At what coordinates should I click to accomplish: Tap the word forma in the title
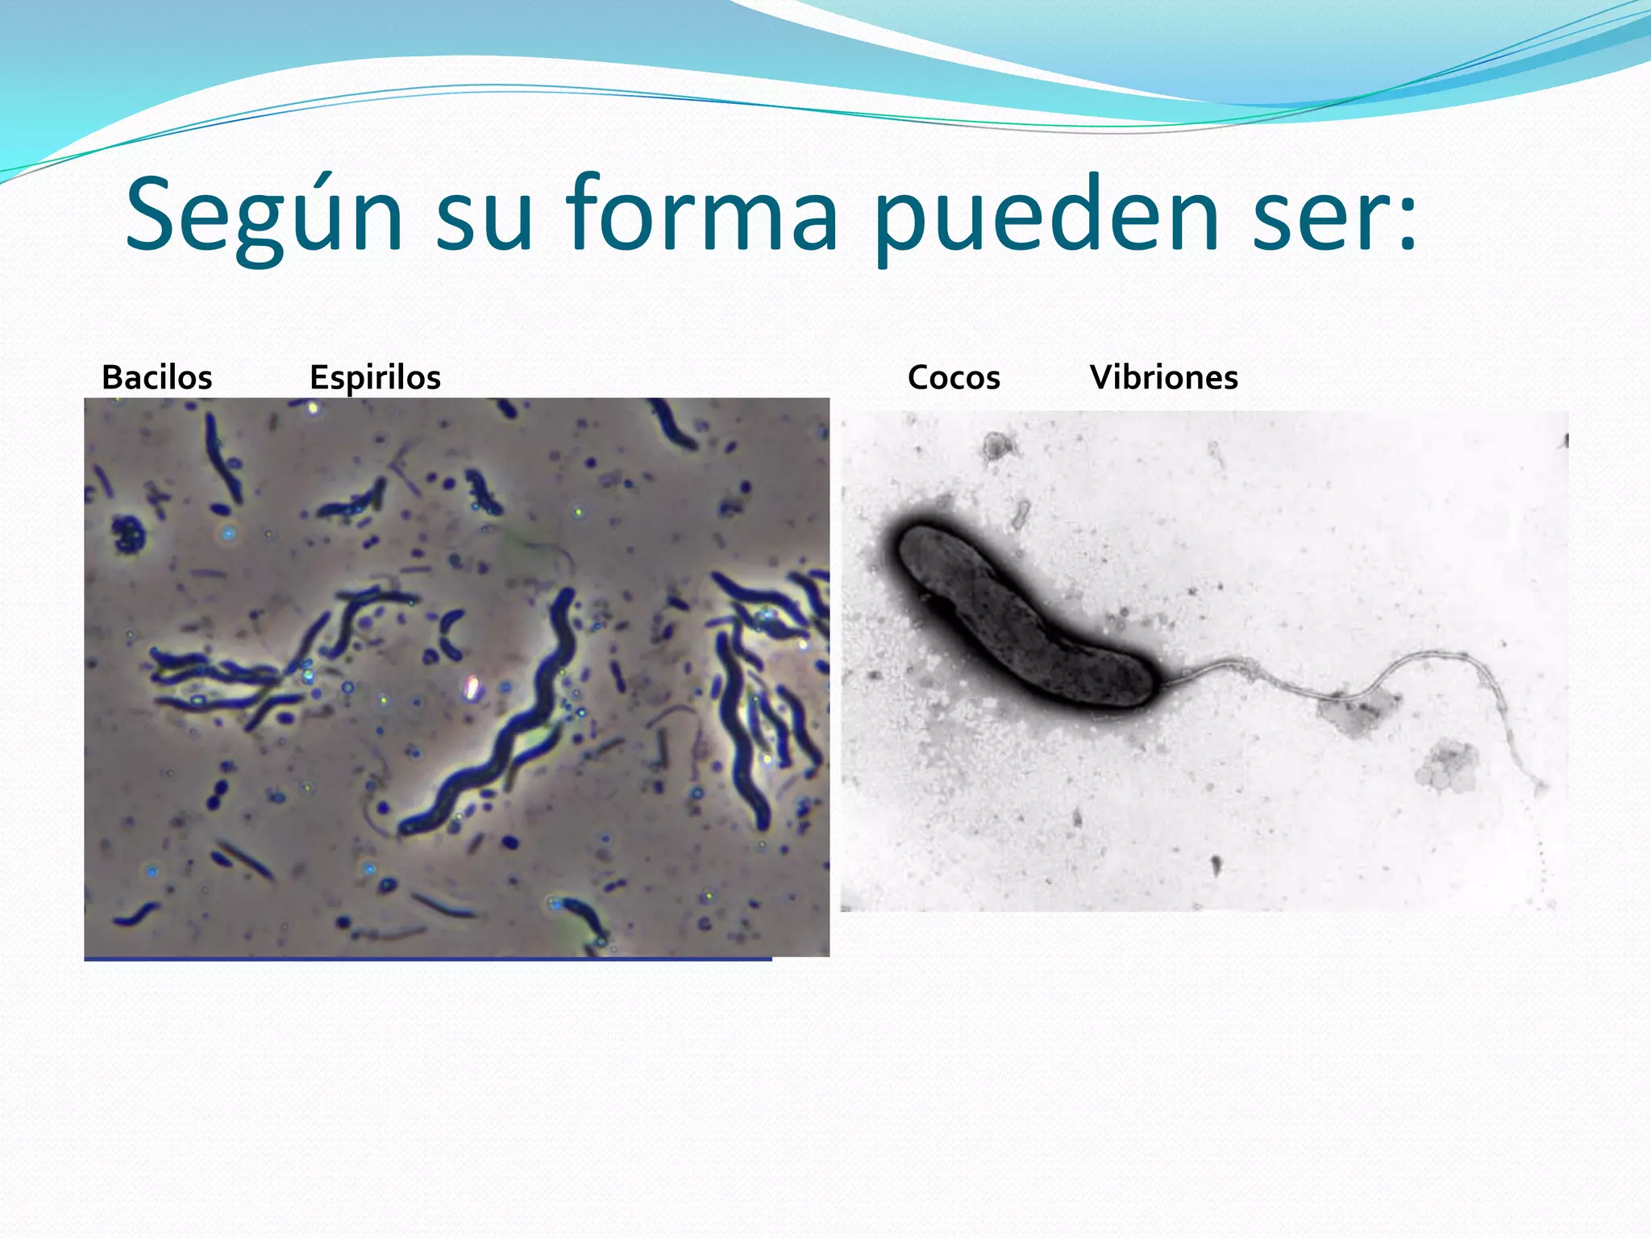tap(701, 216)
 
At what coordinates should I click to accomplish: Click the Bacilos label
tap(157, 377)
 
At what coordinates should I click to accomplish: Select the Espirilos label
tap(375, 377)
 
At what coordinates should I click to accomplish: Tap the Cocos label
tap(954, 377)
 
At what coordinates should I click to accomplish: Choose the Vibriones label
tap(1163, 377)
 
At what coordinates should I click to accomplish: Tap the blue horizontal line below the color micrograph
tap(427, 959)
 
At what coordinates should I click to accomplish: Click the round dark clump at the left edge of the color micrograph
tap(127, 532)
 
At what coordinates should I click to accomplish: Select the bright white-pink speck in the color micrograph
tap(472, 688)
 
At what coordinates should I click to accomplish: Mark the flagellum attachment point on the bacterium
tap(1161, 681)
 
